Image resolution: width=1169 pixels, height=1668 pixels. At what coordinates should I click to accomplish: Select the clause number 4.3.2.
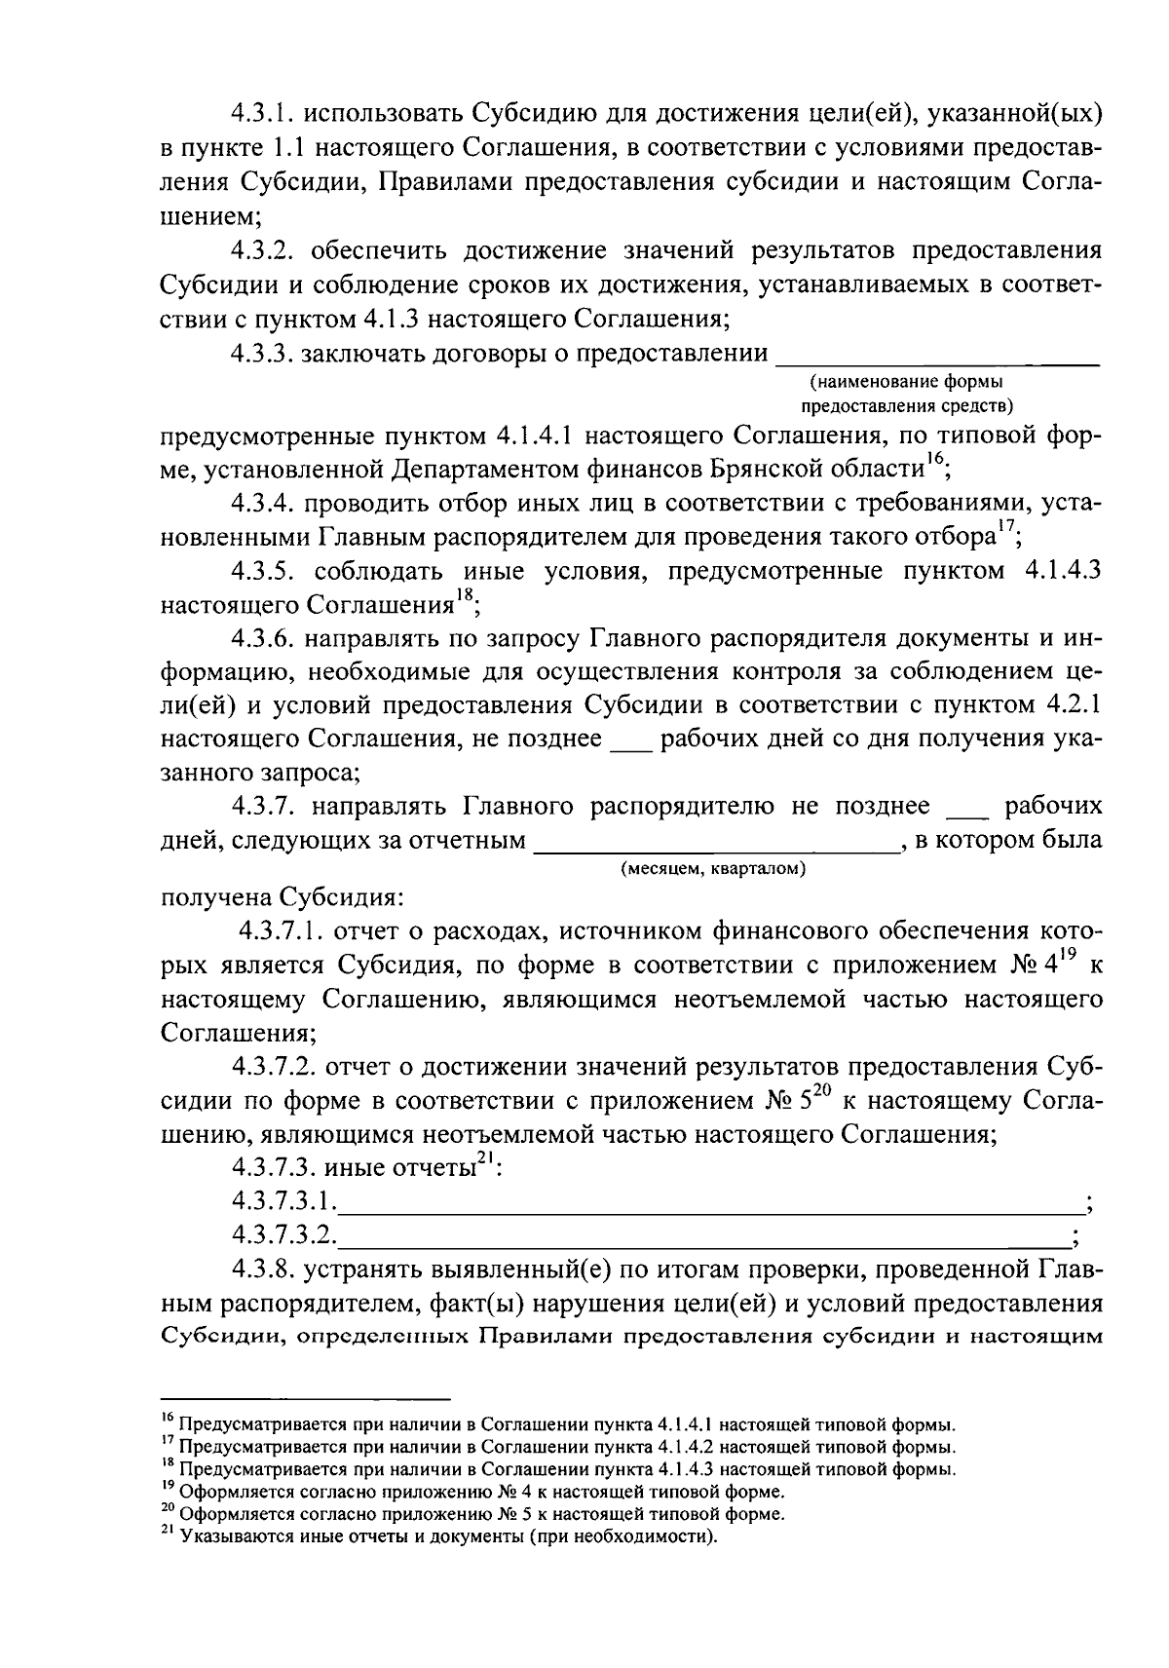point(265,250)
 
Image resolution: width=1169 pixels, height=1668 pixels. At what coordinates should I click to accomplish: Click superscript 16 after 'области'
point(933,461)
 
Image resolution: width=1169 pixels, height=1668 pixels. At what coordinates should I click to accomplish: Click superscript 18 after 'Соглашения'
point(466,597)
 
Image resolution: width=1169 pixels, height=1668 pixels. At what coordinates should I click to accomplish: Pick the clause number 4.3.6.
point(265,639)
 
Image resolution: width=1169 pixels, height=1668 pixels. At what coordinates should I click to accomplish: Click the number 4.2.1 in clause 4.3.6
point(1073,705)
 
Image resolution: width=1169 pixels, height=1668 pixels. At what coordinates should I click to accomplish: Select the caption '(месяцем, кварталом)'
point(713,868)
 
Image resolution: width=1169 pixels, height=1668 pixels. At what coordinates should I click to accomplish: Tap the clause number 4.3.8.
point(265,1270)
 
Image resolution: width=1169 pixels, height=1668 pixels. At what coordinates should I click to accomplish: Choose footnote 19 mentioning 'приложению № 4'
point(472,1492)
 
